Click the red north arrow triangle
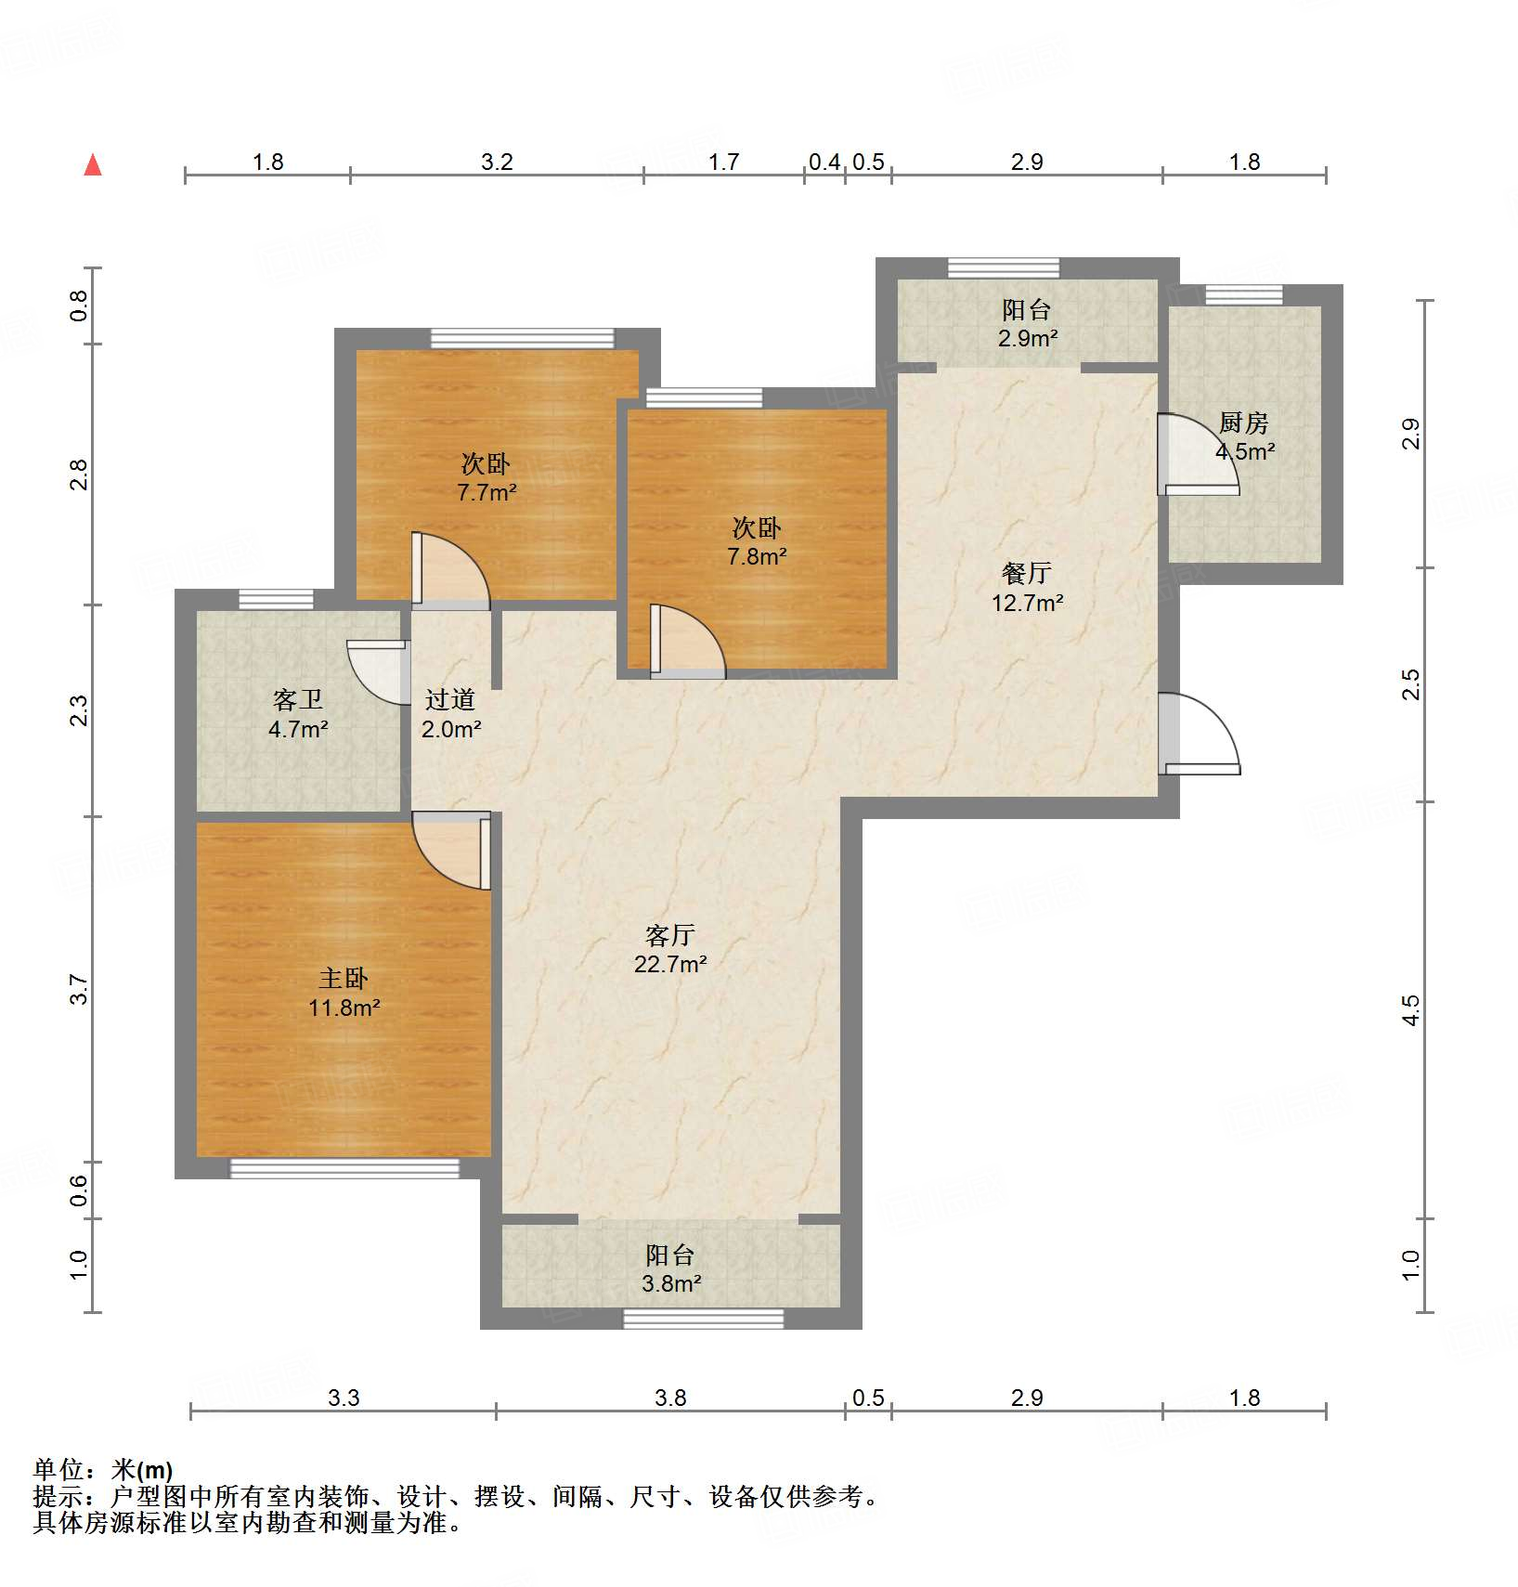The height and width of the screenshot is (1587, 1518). [x=93, y=165]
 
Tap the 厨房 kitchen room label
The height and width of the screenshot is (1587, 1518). [x=1243, y=423]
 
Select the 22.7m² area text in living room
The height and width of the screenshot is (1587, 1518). [x=670, y=964]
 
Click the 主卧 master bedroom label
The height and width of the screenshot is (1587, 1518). [x=344, y=979]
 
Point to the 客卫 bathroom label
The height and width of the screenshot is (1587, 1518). [x=297, y=700]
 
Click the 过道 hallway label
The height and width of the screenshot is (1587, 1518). [x=450, y=700]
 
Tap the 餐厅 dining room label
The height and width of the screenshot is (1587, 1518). [x=1026, y=574]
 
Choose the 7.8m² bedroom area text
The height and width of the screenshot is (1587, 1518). [x=757, y=557]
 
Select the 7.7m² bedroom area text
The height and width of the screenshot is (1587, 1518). [x=487, y=492]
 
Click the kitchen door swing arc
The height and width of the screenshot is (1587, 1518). [x=1202, y=455]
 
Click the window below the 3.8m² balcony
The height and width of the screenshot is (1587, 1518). [x=703, y=1319]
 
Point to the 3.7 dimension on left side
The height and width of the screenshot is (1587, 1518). [x=80, y=989]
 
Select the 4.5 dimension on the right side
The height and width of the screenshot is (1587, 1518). [x=1410, y=1009]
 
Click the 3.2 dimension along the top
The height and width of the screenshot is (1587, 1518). [x=497, y=163]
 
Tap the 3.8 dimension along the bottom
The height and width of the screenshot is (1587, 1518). [x=670, y=1398]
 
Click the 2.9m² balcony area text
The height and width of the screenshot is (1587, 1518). [x=1027, y=339]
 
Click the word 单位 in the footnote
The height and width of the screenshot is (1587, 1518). [x=58, y=1469]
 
